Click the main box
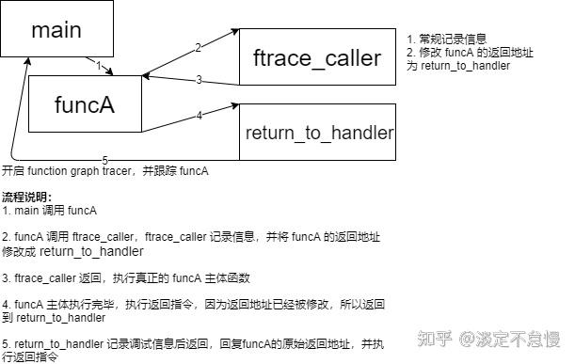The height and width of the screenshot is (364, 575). pyautogui.click(x=56, y=29)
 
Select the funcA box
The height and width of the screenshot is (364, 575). pyautogui.click(x=85, y=104)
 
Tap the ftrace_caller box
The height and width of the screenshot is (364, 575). pyautogui.click(x=317, y=57)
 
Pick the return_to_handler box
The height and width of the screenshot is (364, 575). pyautogui.click(x=318, y=132)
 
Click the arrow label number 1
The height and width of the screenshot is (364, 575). pyautogui.click(x=98, y=65)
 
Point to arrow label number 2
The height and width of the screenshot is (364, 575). pyautogui.click(x=198, y=47)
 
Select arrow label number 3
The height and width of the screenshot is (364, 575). pyautogui.click(x=199, y=80)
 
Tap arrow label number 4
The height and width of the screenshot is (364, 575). pyautogui.click(x=199, y=116)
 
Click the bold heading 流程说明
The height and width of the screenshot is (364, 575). pyautogui.click(x=27, y=196)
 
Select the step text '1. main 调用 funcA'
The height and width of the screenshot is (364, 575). pyautogui.click(x=50, y=210)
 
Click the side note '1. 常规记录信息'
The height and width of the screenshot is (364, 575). pyautogui.click(x=447, y=39)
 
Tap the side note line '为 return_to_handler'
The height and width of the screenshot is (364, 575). pyautogui.click(x=457, y=66)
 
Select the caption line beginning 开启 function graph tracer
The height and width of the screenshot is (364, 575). pyautogui.click(x=104, y=171)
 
